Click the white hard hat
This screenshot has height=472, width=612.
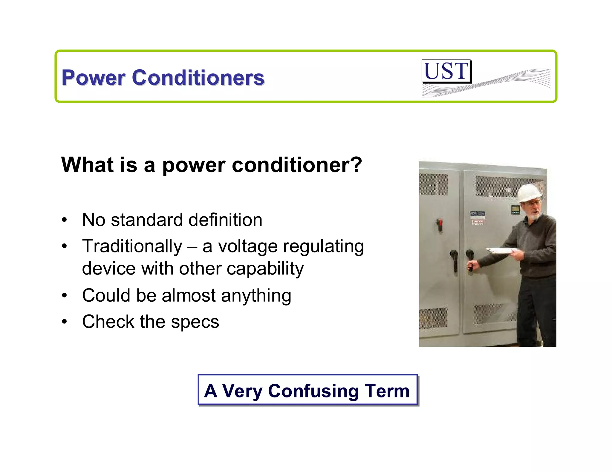coord(530,193)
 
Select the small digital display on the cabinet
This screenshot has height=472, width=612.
coord(515,210)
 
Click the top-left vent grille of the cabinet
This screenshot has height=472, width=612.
coord(433,184)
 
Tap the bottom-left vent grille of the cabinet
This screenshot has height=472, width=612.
coord(433,318)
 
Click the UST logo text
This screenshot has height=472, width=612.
coord(446,71)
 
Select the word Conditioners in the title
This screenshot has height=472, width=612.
coord(198,78)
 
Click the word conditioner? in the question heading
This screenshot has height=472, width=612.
coord(297,165)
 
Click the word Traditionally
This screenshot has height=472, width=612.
coord(132,246)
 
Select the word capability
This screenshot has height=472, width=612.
coord(265,269)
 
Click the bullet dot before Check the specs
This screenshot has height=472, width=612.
coord(65,322)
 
